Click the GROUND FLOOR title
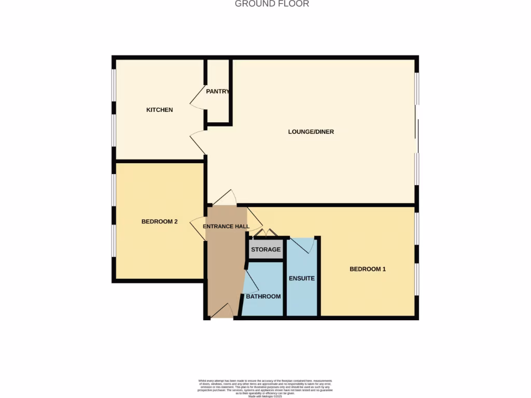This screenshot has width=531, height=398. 272,4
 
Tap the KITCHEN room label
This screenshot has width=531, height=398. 159,110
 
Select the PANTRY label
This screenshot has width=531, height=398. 217,91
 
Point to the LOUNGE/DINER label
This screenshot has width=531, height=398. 311,132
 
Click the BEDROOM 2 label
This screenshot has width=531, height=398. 160,222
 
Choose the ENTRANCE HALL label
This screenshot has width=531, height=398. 226,226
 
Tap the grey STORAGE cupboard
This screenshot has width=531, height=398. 266,249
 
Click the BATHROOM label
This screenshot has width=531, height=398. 263,296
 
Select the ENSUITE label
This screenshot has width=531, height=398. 302,278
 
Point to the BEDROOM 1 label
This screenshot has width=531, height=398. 368,269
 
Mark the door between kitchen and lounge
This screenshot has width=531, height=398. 198,142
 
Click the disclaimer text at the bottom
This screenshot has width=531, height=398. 265,388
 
